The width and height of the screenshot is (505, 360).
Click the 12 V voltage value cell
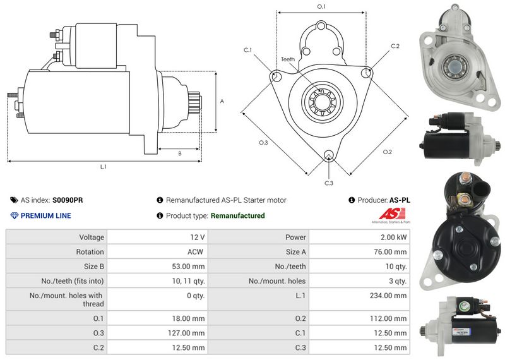click(x=196, y=237)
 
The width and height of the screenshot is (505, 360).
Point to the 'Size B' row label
click(x=92, y=267)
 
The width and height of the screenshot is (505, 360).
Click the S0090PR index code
click(x=68, y=200)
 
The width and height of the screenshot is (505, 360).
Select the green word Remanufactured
click(x=237, y=216)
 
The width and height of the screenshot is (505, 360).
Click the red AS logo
click(x=388, y=213)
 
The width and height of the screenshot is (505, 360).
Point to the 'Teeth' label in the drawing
click(x=288, y=59)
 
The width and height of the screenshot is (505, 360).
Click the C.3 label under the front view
click(x=329, y=183)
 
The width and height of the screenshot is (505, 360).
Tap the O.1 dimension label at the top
click(x=321, y=6)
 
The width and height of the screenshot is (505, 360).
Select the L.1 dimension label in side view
click(x=103, y=167)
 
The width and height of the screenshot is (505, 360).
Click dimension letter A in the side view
click(x=222, y=101)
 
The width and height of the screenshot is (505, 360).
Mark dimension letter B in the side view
click(x=180, y=153)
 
